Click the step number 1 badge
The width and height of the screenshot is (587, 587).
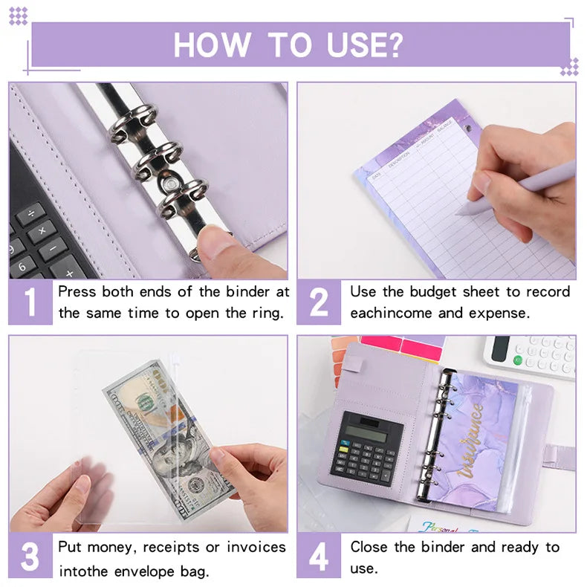tap(30, 302)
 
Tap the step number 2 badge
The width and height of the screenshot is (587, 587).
tap(319, 302)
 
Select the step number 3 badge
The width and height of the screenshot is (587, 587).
tap(30, 557)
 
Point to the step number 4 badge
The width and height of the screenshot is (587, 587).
tap(319, 557)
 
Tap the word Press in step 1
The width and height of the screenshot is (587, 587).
tap(77, 291)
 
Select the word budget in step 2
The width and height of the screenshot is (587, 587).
tap(432, 291)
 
